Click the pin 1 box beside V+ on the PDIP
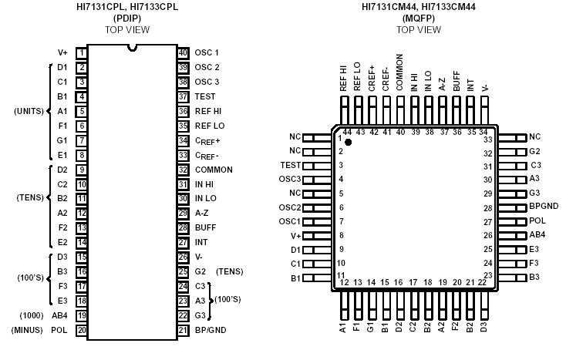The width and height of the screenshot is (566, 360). click(81, 52)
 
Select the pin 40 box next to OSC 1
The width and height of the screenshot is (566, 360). click(183, 52)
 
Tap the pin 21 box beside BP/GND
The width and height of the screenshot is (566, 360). click(183, 330)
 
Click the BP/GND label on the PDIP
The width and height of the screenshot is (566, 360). click(211, 330)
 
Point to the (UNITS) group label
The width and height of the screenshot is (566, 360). click(29, 111)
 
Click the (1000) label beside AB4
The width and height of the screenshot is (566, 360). click(32, 315)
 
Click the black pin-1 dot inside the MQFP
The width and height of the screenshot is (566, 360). click(348, 143)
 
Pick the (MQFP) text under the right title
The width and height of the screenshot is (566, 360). click(418, 19)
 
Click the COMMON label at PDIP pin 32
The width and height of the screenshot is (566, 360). click(214, 170)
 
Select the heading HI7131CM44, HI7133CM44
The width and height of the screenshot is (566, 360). click(418, 7)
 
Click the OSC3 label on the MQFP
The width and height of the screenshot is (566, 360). click(289, 180)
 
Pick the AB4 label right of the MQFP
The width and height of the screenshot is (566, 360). click(537, 236)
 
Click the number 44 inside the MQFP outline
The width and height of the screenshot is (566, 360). click(348, 133)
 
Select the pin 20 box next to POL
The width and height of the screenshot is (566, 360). click(81, 330)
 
